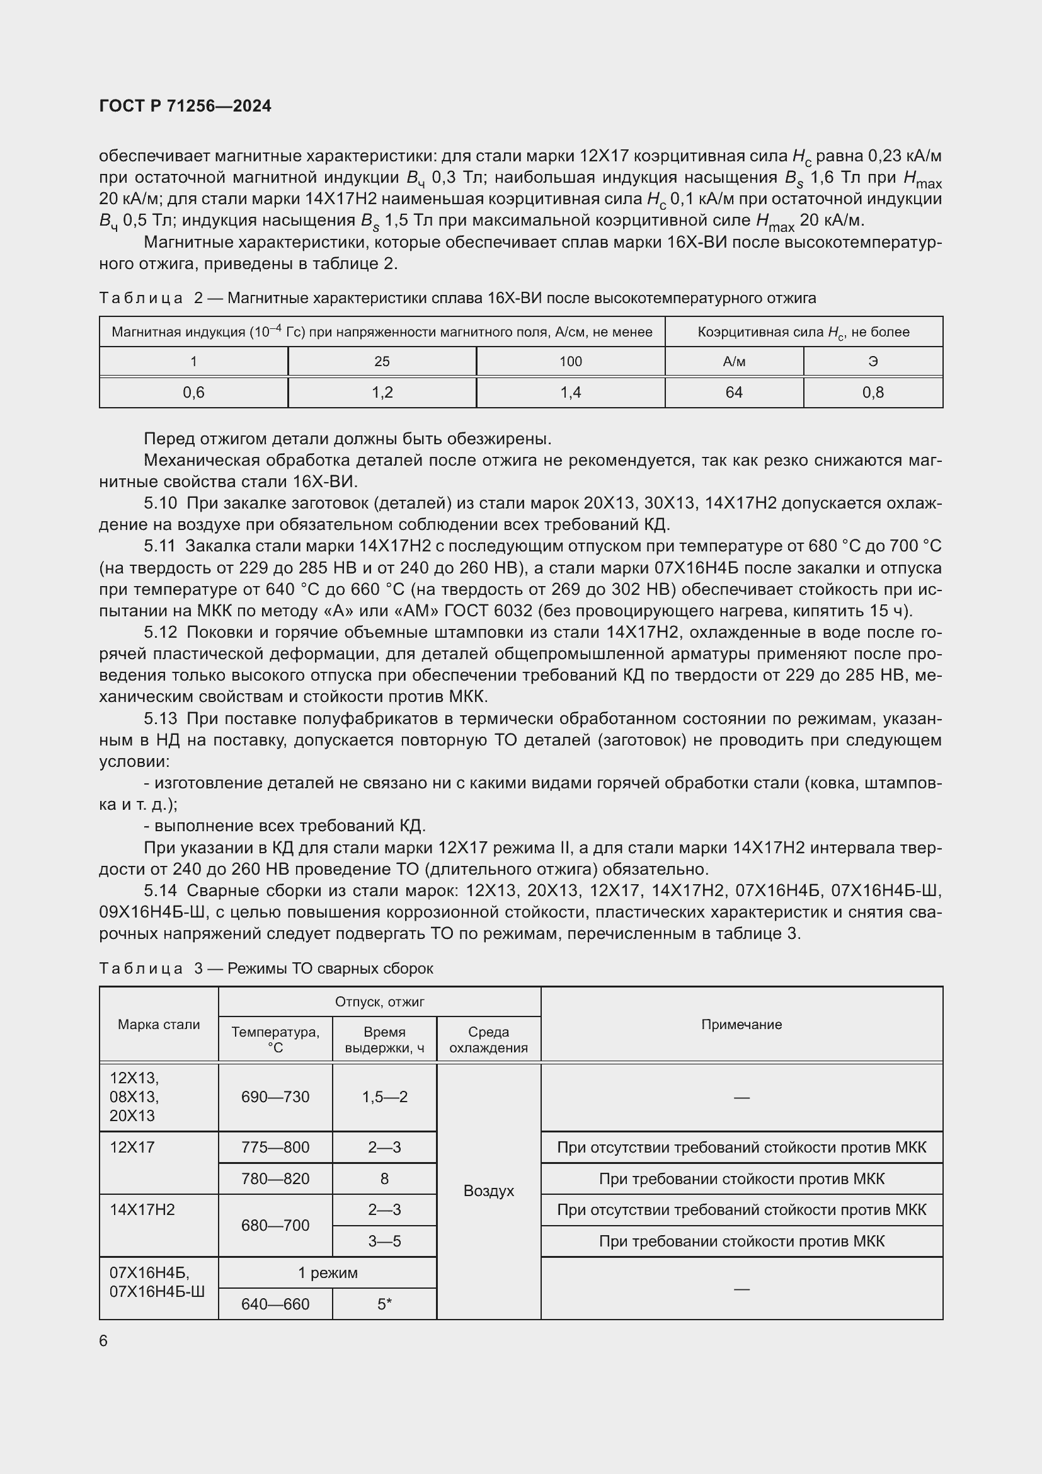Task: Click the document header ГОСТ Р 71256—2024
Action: tap(185, 106)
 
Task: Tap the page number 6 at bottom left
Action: tap(103, 1341)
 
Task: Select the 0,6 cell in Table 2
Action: tap(193, 392)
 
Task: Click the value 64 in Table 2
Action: tap(733, 392)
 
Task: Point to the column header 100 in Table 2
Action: tap(570, 362)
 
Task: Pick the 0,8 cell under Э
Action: tap(873, 392)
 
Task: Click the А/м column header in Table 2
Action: tap(733, 362)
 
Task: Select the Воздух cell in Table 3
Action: tap(488, 1191)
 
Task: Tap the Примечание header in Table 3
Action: tap(741, 1025)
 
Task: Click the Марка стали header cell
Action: tap(159, 1025)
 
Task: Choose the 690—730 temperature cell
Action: tap(275, 1097)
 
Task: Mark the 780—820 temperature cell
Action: tap(275, 1178)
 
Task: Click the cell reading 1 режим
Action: tap(327, 1272)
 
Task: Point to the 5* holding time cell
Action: tap(384, 1304)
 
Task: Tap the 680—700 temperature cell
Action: tap(275, 1226)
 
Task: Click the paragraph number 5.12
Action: tap(160, 632)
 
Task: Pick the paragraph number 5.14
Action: tap(160, 890)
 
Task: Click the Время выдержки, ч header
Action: tap(384, 1040)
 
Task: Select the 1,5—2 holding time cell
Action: tap(384, 1097)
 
